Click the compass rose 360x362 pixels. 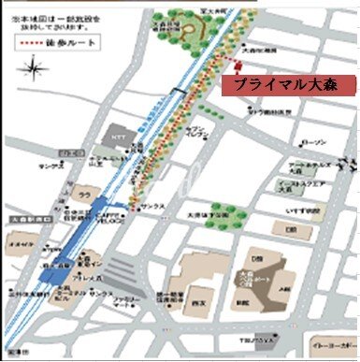[x=36, y=68]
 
